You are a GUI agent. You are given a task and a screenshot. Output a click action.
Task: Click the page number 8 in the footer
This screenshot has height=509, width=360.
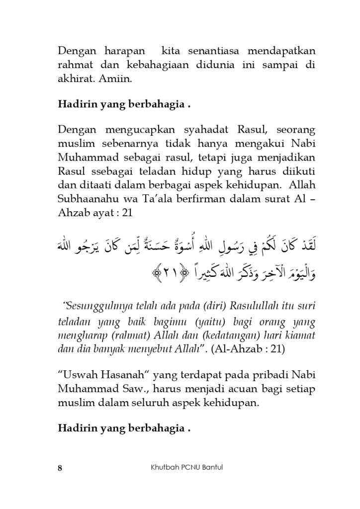60,468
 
